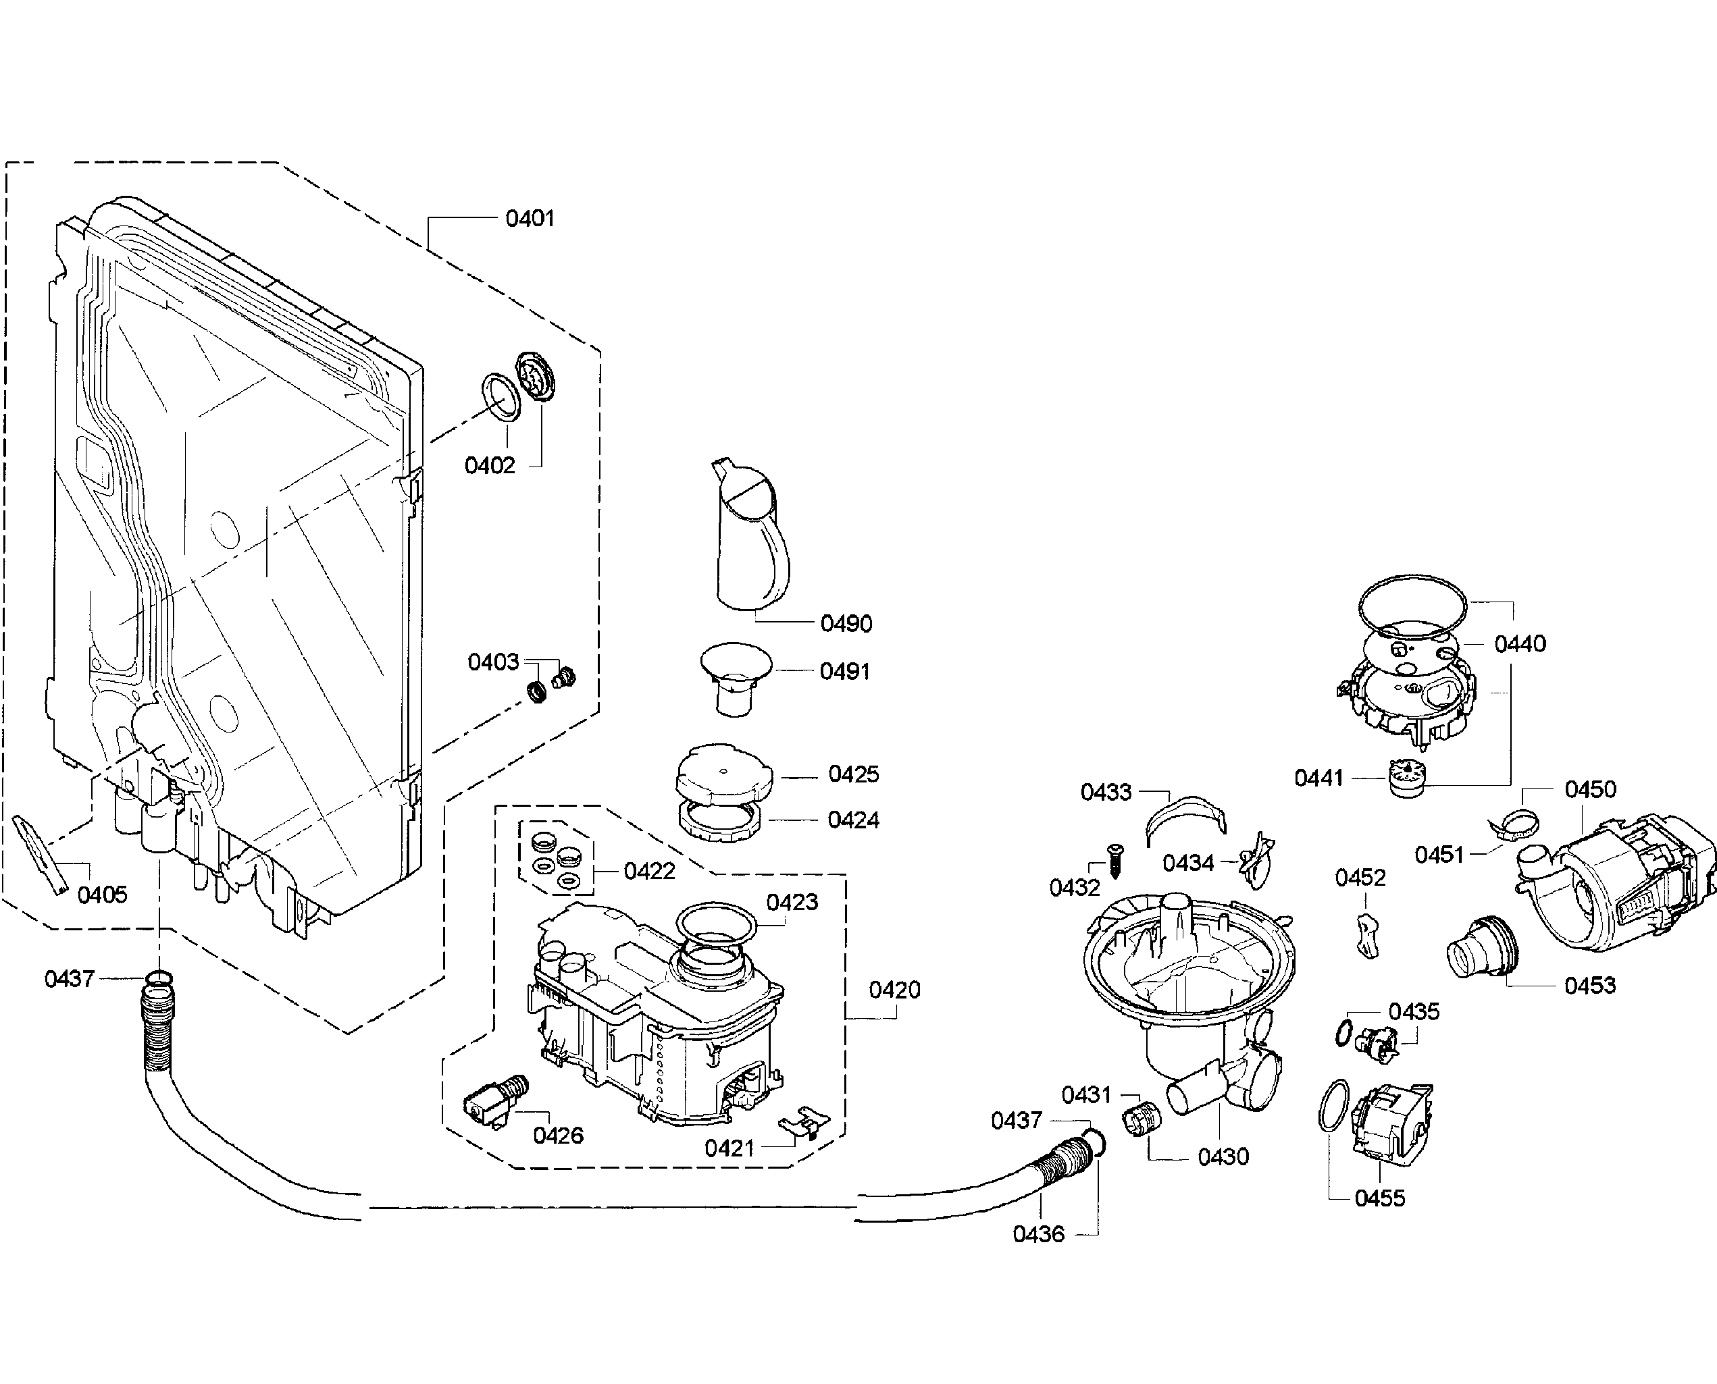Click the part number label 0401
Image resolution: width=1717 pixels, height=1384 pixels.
pos(530,217)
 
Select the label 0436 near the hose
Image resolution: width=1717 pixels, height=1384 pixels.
pos(1038,1234)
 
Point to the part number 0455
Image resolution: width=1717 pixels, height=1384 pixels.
pos(1380,1198)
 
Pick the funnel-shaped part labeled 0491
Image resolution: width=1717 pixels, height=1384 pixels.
pos(736,678)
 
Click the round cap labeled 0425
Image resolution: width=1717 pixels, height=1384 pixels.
pos(724,771)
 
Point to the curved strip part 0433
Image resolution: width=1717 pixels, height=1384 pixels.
pos(1187,818)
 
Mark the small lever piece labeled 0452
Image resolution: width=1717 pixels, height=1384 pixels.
pos(1366,936)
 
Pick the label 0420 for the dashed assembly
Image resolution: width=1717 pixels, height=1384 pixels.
pos(894,989)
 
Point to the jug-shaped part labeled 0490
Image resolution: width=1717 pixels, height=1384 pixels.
pos(750,534)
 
